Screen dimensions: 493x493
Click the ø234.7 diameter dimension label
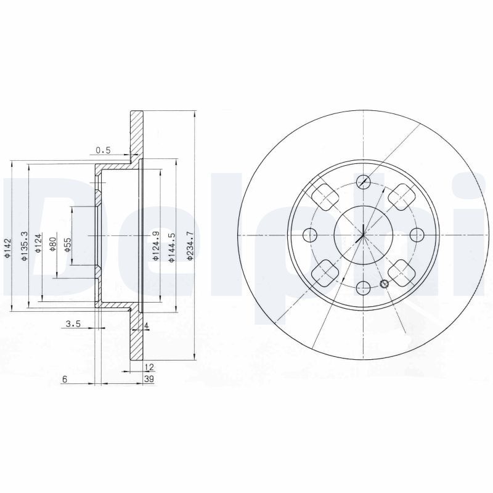(189, 245)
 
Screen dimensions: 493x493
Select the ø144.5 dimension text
(171, 248)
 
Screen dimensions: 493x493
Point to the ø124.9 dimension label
(155, 245)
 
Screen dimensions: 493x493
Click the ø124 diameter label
(38, 243)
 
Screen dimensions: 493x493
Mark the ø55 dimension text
(68, 245)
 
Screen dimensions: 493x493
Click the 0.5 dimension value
(103, 150)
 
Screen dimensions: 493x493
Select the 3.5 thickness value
(73, 324)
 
